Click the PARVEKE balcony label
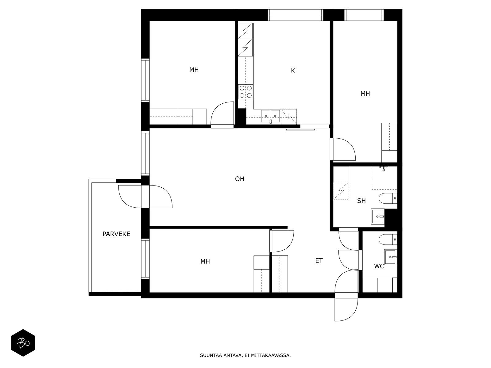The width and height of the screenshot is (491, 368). (116, 234)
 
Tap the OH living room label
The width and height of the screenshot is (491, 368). (240, 179)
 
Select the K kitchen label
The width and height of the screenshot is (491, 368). (293, 71)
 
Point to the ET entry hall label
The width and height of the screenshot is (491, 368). (319, 261)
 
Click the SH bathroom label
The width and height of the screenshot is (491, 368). (361, 201)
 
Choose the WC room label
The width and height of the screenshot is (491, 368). (379, 266)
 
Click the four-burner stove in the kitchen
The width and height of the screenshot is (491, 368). (245, 92)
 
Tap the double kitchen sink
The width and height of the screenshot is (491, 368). (270, 116)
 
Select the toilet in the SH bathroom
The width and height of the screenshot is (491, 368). (388, 198)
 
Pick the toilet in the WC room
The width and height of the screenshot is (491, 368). (388, 240)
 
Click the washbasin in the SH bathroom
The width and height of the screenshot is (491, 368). (377, 216)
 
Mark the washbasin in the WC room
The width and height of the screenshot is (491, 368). (391, 257)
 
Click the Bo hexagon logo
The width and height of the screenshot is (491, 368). (23, 343)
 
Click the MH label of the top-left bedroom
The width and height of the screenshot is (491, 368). (194, 70)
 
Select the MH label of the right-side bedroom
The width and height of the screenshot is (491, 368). (365, 94)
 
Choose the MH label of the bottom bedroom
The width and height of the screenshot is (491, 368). (205, 261)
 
